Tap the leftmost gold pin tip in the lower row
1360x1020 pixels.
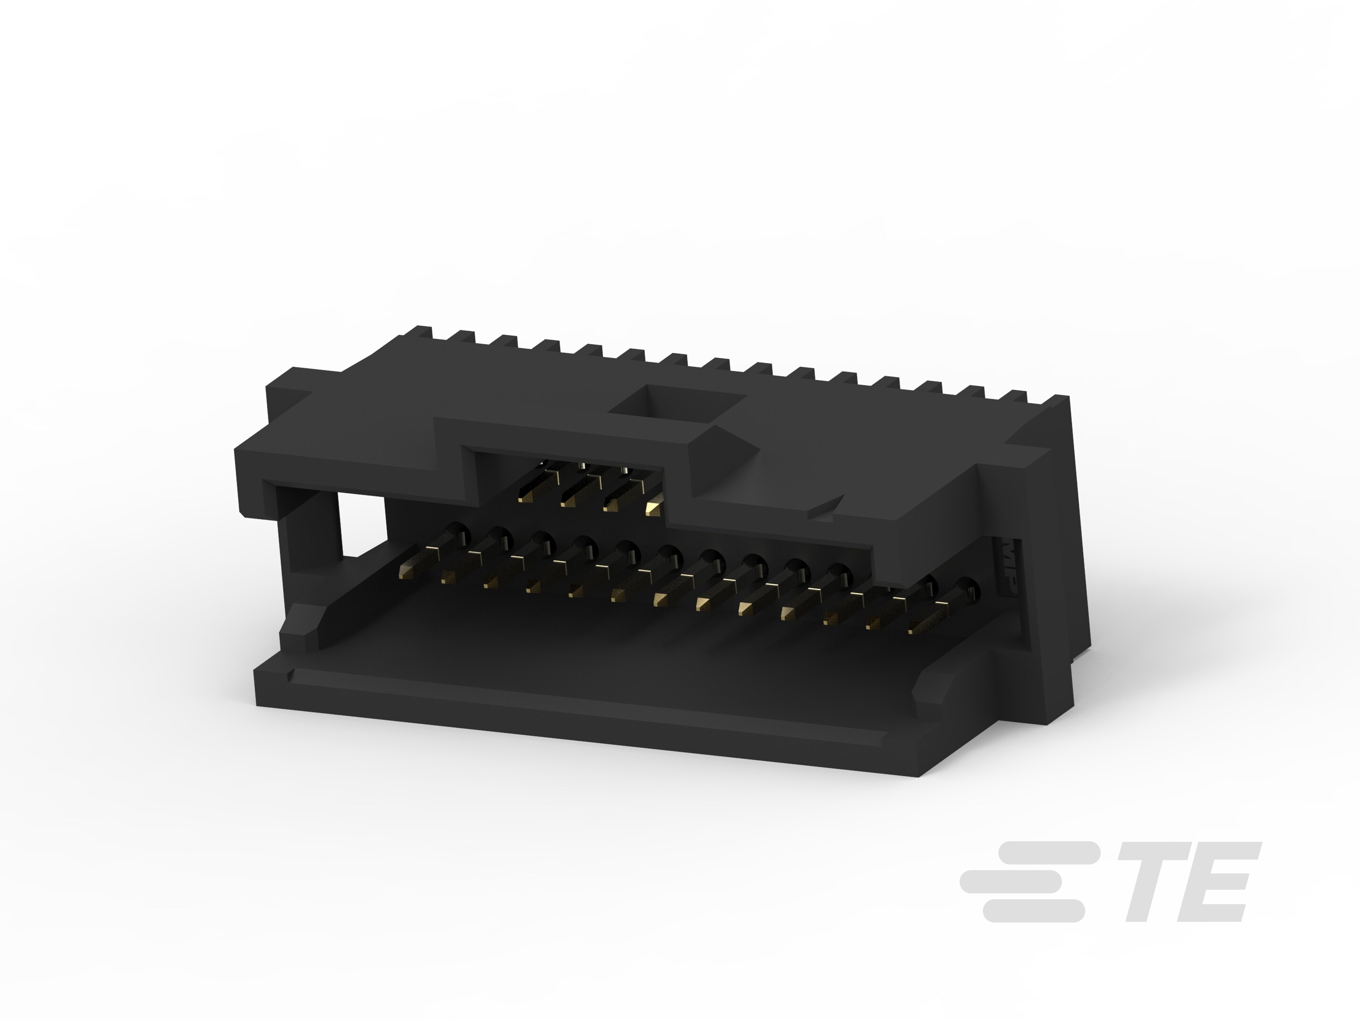click(407, 572)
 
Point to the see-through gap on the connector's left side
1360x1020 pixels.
click(363, 525)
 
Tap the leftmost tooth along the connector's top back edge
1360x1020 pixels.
click(423, 332)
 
